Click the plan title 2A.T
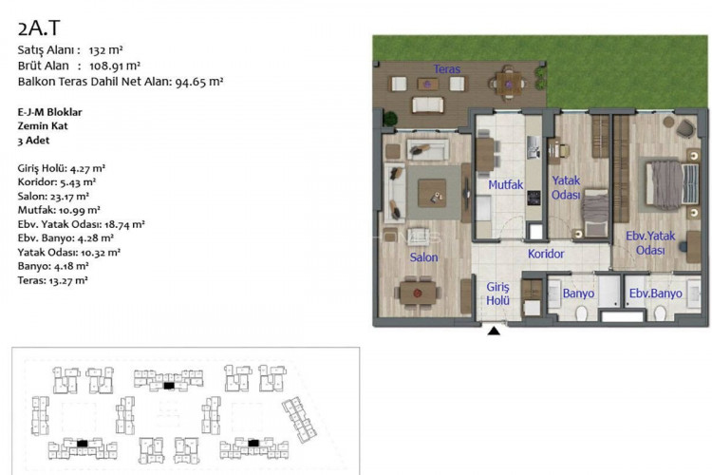pyautogui.click(x=39, y=28)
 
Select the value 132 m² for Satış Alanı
pyautogui.click(x=105, y=50)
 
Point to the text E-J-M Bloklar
pyautogui.click(x=50, y=112)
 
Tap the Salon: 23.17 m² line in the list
pyautogui.click(x=53, y=197)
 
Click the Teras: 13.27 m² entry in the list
pyautogui.click(x=52, y=280)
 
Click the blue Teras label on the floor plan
pyautogui.click(x=447, y=69)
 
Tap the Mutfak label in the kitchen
pyautogui.click(x=505, y=185)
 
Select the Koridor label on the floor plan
pyautogui.click(x=546, y=254)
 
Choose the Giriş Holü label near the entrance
pyautogui.click(x=497, y=294)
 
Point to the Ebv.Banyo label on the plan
pyautogui.click(x=655, y=294)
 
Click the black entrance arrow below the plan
pyautogui.click(x=494, y=331)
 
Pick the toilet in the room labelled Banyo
pyautogui.click(x=581, y=313)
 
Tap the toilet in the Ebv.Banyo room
pyautogui.click(x=660, y=313)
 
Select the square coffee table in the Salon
pyautogui.click(x=432, y=193)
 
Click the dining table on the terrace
pyautogui.click(x=509, y=84)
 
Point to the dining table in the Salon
pyautogui.click(x=418, y=294)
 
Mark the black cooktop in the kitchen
pyautogui.click(x=534, y=198)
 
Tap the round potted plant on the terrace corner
pyautogui.click(x=389, y=119)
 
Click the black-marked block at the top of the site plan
pyautogui.click(x=168, y=386)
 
